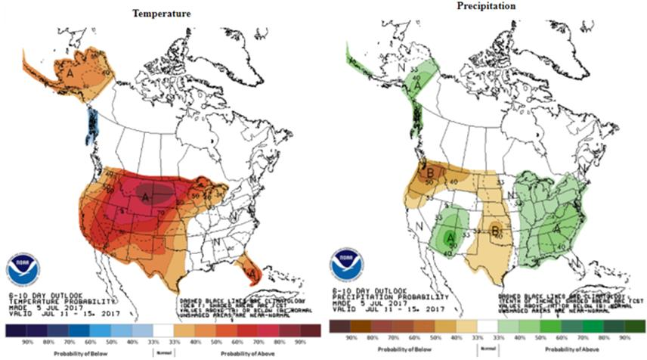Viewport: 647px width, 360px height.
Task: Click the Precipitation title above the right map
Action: click(x=485, y=6)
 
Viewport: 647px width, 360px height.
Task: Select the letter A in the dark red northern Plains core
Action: click(x=144, y=197)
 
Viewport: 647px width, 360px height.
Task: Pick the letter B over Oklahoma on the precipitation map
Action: click(x=496, y=230)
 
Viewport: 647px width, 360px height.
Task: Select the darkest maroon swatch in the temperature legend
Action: click(x=307, y=331)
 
